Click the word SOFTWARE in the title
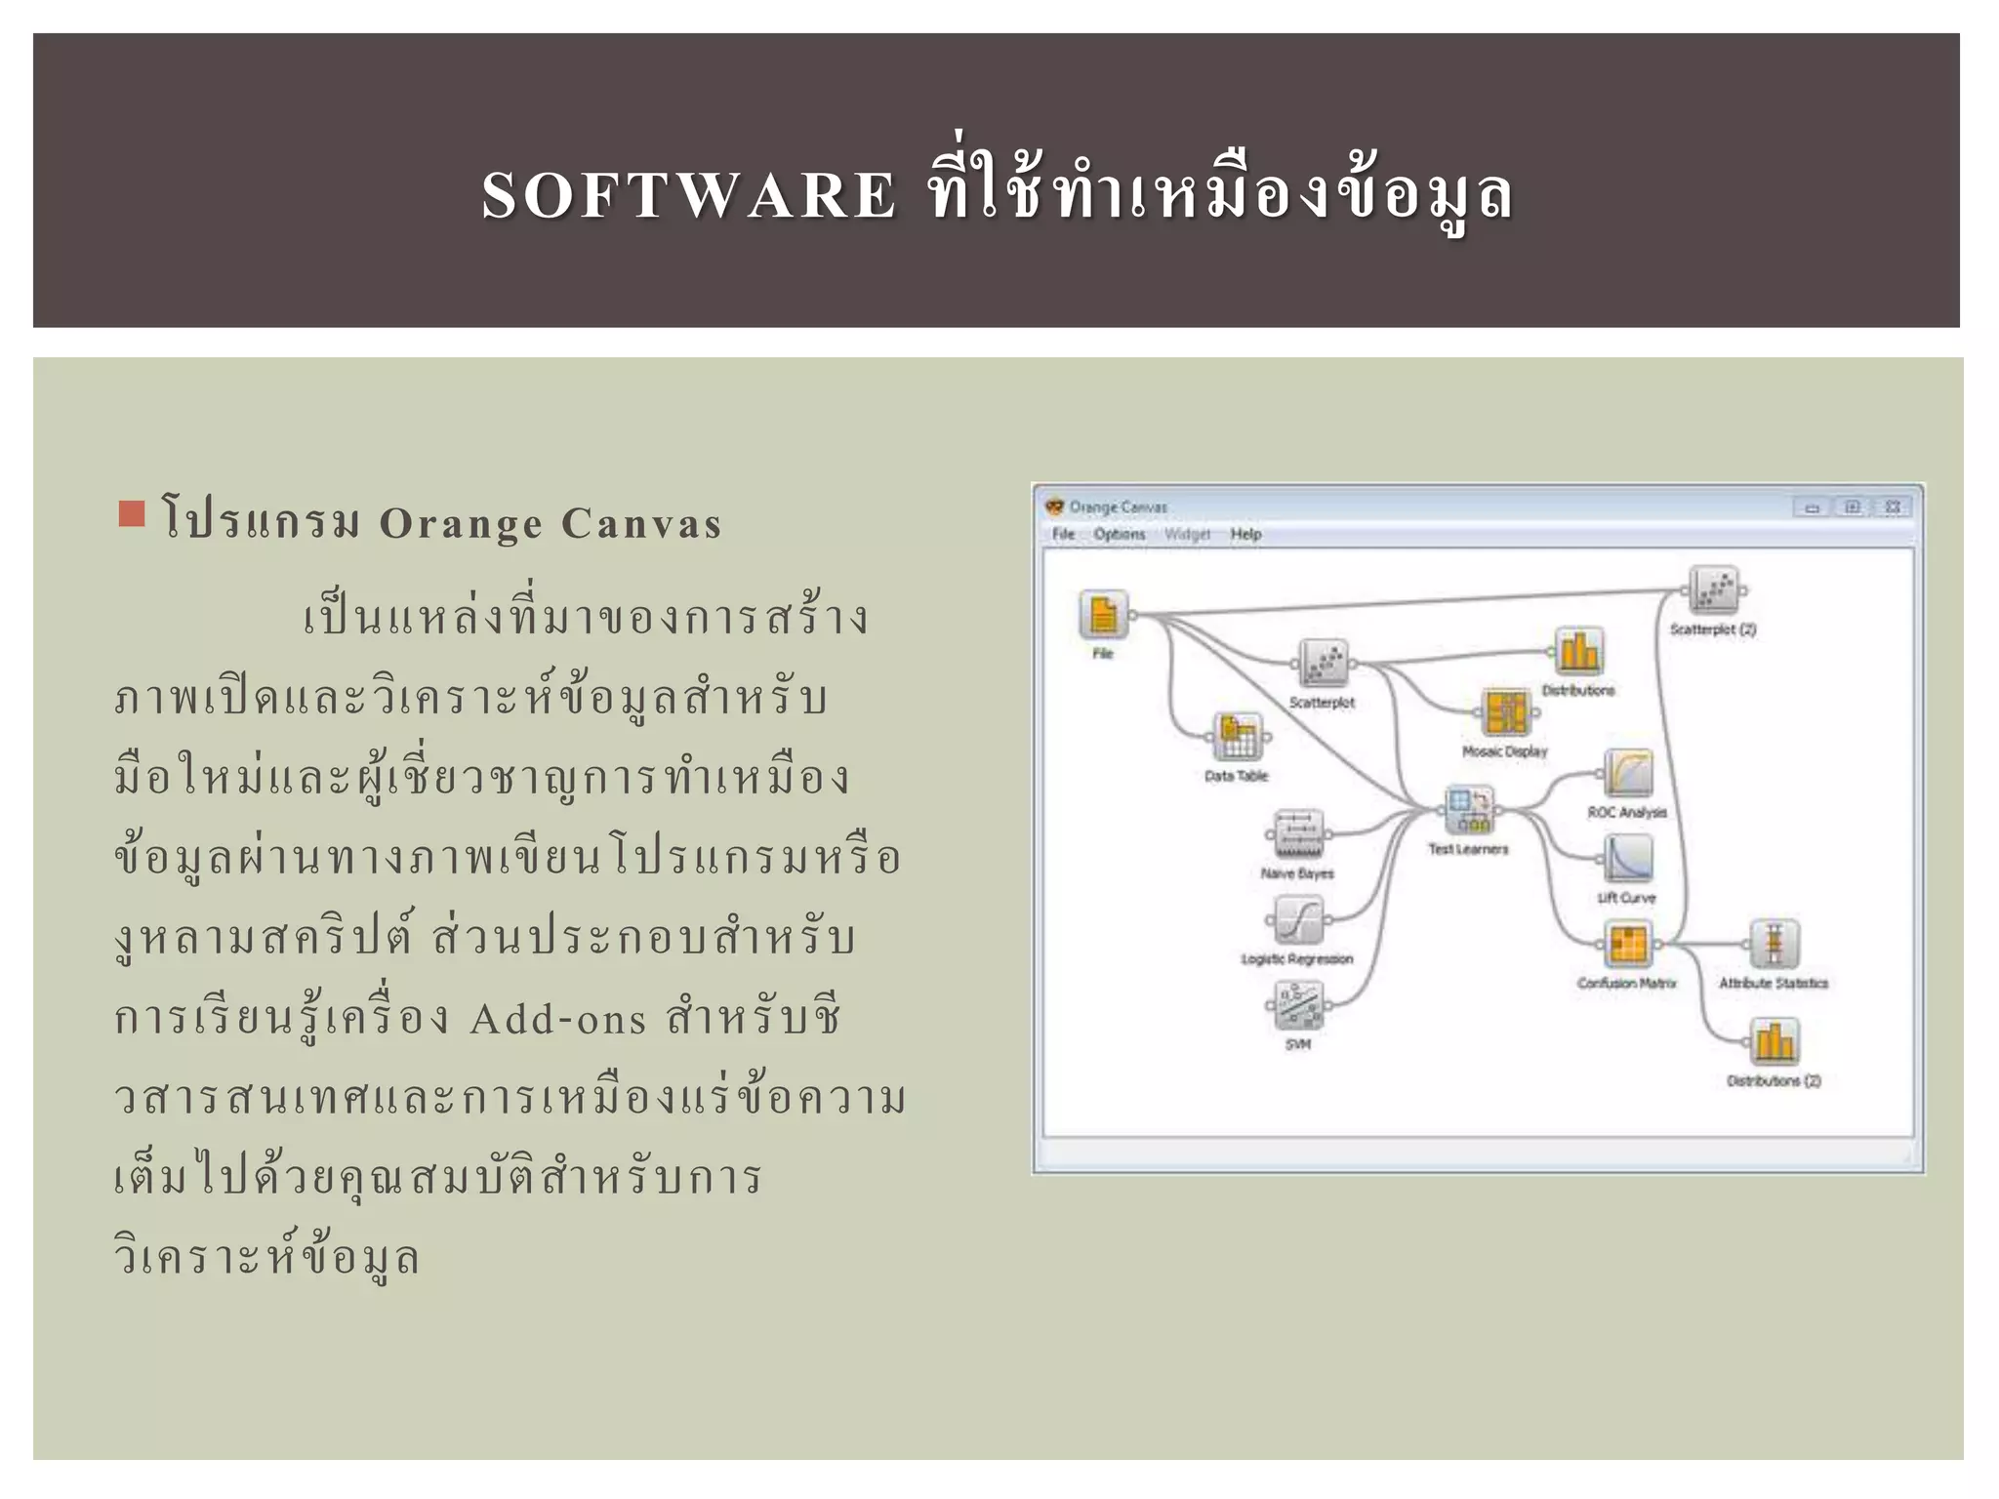click(688, 195)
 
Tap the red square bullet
click(131, 513)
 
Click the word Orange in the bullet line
click(460, 524)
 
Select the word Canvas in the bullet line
click(641, 524)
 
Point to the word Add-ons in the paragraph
click(558, 1020)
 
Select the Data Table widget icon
click(1238, 737)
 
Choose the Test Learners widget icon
click(1469, 810)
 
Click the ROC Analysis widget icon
click(1628, 773)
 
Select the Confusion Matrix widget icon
click(1628, 944)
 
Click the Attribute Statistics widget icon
click(1774, 944)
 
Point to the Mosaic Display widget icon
click(1506, 712)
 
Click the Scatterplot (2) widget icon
click(1713, 590)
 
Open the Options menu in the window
click(1119, 534)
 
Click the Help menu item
click(1245, 534)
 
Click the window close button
click(1892, 506)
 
